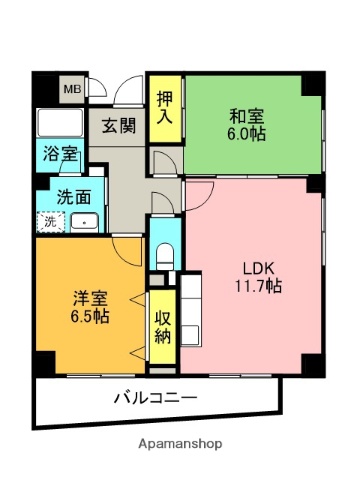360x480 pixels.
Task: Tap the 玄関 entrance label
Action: point(119,126)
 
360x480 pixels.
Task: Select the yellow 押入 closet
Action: point(164,107)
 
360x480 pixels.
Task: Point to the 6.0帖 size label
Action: point(246,134)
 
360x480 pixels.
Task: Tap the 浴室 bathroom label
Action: point(60,155)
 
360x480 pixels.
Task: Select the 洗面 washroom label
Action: point(73,196)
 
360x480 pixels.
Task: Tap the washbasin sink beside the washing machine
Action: point(84,222)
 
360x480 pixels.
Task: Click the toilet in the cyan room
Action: point(166,251)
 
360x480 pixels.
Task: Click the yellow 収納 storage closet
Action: point(164,326)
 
